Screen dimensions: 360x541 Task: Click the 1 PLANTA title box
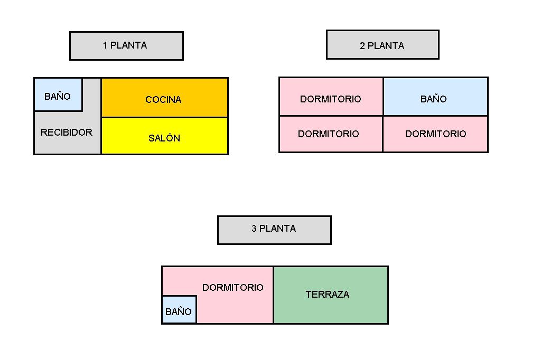point(126,46)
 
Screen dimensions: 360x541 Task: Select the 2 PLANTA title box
point(383,45)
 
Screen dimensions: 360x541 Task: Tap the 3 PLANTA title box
point(274,230)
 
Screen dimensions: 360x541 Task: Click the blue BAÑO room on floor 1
point(58,95)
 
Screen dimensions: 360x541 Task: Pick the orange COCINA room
point(164,98)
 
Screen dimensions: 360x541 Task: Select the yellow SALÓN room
point(164,136)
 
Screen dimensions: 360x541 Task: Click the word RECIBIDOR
point(67,132)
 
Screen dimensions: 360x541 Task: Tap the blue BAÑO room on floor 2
point(435,97)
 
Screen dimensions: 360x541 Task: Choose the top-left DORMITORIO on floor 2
point(331,97)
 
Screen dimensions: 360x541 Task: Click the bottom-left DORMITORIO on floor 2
point(331,134)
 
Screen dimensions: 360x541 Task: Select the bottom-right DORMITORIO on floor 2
point(435,134)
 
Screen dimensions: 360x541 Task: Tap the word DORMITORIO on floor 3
point(232,288)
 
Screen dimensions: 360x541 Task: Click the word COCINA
point(163,100)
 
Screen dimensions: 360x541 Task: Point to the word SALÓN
point(164,138)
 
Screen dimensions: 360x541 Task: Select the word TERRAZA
point(328,295)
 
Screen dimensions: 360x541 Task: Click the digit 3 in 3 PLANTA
point(254,229)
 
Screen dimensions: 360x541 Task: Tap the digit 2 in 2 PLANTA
point(362,46)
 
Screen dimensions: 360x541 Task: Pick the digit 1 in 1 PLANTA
point(105,45)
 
